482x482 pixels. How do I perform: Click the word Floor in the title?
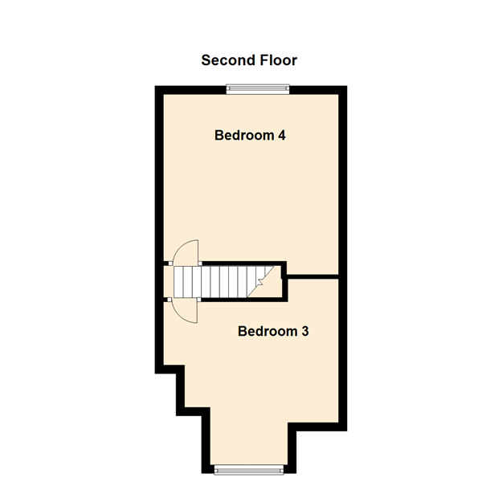279,60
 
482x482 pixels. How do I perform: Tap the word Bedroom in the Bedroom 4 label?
244,135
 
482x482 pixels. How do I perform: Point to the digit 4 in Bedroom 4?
282,135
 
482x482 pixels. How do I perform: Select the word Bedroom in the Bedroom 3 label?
268,331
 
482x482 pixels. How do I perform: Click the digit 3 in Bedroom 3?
305,331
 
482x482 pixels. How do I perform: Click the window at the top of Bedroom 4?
258,89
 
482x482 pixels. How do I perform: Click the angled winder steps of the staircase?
260,282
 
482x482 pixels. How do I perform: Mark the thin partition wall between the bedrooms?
313,277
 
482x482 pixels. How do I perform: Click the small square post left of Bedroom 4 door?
170,263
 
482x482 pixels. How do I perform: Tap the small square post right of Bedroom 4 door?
200,263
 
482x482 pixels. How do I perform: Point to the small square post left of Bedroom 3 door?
169,300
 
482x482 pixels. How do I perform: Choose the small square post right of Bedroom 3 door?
199,300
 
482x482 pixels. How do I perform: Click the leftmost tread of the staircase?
178,282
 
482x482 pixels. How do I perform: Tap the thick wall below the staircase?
244,300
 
